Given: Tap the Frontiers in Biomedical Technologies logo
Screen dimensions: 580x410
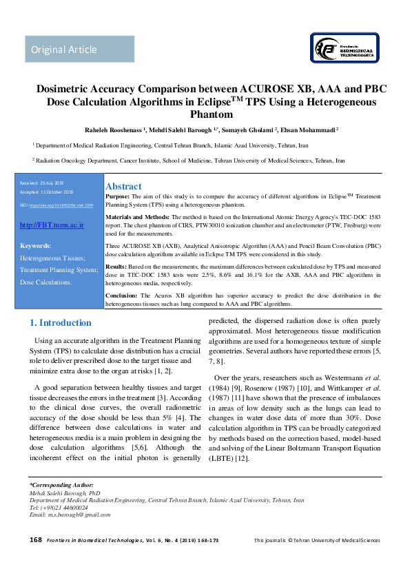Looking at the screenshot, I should (342, 50).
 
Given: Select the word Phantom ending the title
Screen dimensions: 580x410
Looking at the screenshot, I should (205, 114).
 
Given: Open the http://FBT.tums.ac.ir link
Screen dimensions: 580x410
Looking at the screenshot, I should (52, 225).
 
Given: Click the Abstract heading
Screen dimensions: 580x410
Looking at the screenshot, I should (123, 186).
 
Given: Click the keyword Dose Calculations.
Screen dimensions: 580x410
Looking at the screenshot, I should (45, 282).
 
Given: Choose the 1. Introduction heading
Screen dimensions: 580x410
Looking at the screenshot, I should (61, 322).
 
